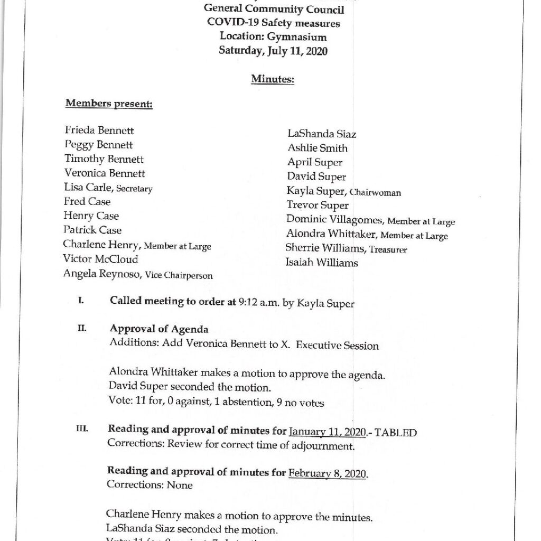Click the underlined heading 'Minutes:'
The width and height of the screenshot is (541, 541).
coord(273,79)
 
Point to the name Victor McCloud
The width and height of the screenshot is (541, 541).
coord(100,259)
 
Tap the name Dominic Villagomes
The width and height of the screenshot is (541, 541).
coord(332,220)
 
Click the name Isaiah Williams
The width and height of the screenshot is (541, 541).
coord(322,263)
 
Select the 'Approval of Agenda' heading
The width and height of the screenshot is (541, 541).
coord(158,330)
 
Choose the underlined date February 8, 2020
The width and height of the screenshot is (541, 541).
coord(328,471)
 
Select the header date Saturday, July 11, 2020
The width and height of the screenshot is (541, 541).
coord(273,51)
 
